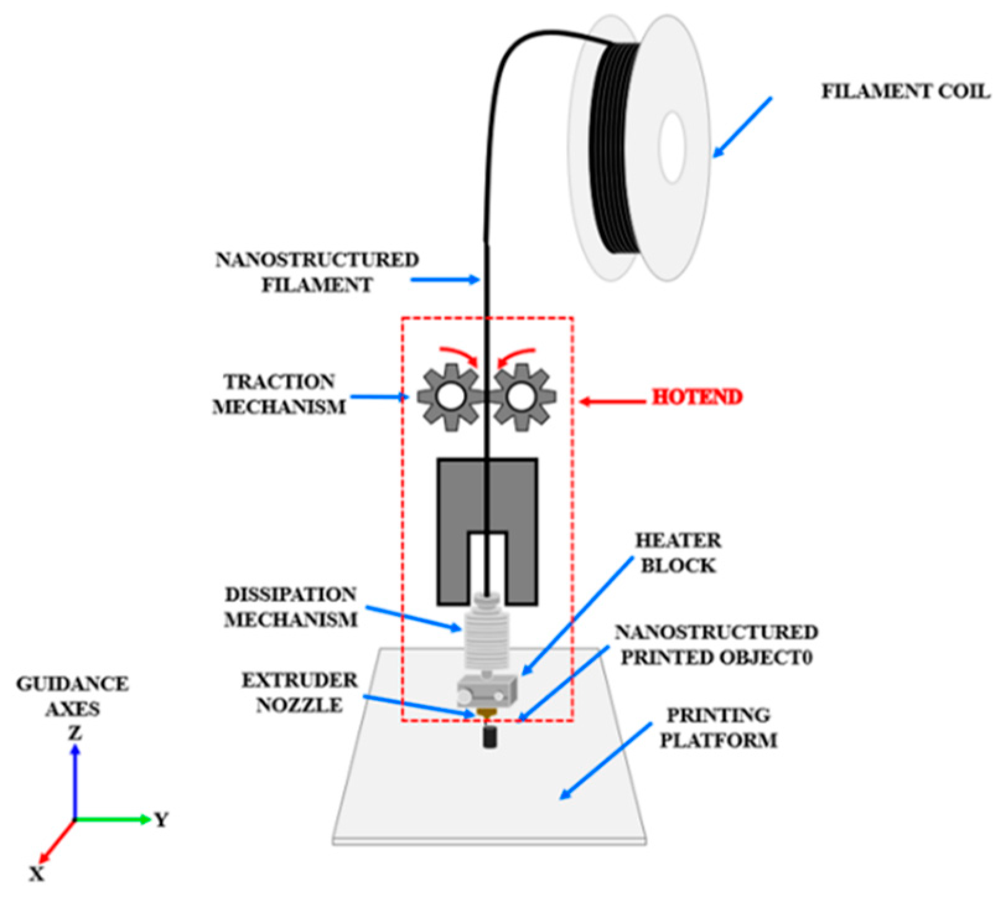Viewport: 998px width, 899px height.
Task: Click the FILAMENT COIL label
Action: (x=905, y=92)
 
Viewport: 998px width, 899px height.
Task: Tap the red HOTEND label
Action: (x=697, y=397)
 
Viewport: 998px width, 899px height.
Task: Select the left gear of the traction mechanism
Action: (x=449, y=397)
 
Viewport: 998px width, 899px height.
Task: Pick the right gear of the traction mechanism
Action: (x=522, y=397)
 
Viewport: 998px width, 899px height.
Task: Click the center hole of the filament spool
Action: (x=672, y=147)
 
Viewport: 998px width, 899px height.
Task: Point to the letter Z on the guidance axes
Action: (x=75, y=734)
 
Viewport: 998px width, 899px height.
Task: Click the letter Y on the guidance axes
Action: (x=161, y=820)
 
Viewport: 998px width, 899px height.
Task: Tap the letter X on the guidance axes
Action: (x=37, y=874)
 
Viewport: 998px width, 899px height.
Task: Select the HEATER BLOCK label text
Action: (x=678, y=553)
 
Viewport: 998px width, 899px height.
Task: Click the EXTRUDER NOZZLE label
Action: (x=300, y=693)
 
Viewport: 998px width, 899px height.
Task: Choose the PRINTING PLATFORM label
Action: (x=718, y=727)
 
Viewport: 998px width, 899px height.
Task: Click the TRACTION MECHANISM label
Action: (x=279, y=394)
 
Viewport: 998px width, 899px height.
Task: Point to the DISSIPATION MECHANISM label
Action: (x=291, y=607)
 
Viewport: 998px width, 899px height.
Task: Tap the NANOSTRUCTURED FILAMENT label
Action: (x=317, y=272)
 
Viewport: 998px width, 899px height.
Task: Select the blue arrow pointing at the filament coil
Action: (x=742, y=126)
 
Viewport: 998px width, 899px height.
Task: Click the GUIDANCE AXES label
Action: (x=72, y=696)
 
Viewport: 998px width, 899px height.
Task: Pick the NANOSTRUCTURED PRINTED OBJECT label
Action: (x=717, y=645)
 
